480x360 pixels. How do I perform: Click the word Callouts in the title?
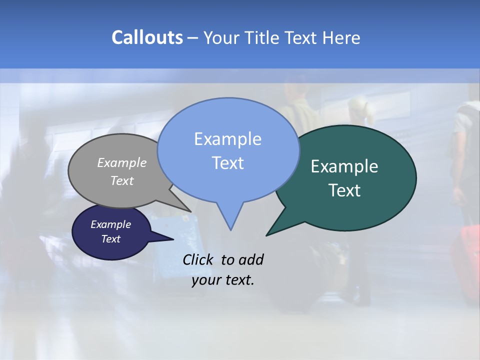click(x=147, y=37)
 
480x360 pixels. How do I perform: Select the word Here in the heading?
click(x=341, y=38)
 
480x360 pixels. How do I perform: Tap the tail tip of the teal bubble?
click(x=267, y=234)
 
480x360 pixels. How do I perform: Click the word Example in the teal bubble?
click(x=344, y=166)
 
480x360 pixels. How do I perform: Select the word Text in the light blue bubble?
click(x=228, y=163)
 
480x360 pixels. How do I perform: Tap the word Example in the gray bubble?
click(x=122, y=162)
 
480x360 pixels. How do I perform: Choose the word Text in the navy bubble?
click(x=111, y=239)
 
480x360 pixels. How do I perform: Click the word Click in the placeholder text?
click(x=199, y=259)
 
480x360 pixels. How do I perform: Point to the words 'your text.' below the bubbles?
click(x=223, y=280)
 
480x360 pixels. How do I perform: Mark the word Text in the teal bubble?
click(x=345, y=190)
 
